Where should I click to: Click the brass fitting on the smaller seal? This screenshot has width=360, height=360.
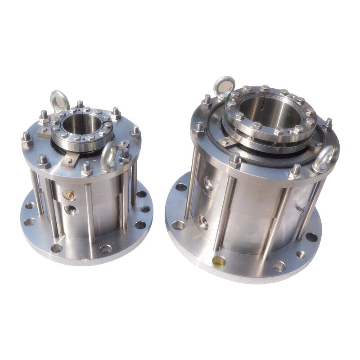pos(69,195)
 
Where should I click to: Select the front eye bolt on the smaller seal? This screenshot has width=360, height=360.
pos(108,157)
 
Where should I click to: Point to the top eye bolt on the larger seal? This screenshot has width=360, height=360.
pos(224,87)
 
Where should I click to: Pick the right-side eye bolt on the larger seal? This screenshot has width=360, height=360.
pos(323,158)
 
